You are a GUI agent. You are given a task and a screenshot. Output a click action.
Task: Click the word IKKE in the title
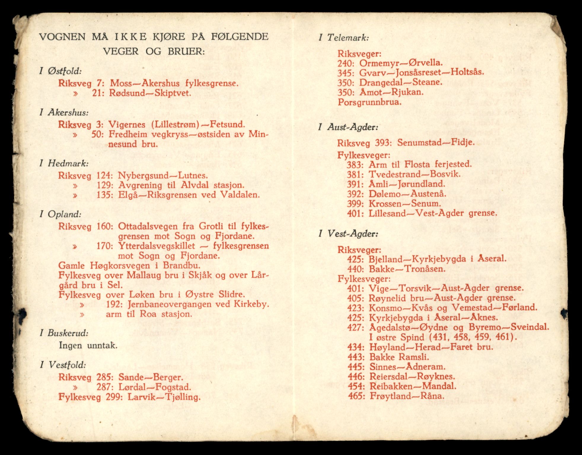(x=130, y=37)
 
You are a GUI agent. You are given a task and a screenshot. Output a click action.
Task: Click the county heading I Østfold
(x=61, y=71)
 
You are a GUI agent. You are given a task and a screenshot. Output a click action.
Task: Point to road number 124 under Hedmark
(x=104, y=175)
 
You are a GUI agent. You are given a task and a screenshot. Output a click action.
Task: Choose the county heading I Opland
(x=60, y=214)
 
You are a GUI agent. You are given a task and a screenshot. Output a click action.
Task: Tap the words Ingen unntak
(x=88, y=345)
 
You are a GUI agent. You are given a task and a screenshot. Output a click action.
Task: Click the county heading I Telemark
(x=344, y=38)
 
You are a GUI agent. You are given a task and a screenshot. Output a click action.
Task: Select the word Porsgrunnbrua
(x=369, y=102)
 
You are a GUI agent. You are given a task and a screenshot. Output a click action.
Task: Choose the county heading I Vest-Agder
(x=348, y=234)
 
